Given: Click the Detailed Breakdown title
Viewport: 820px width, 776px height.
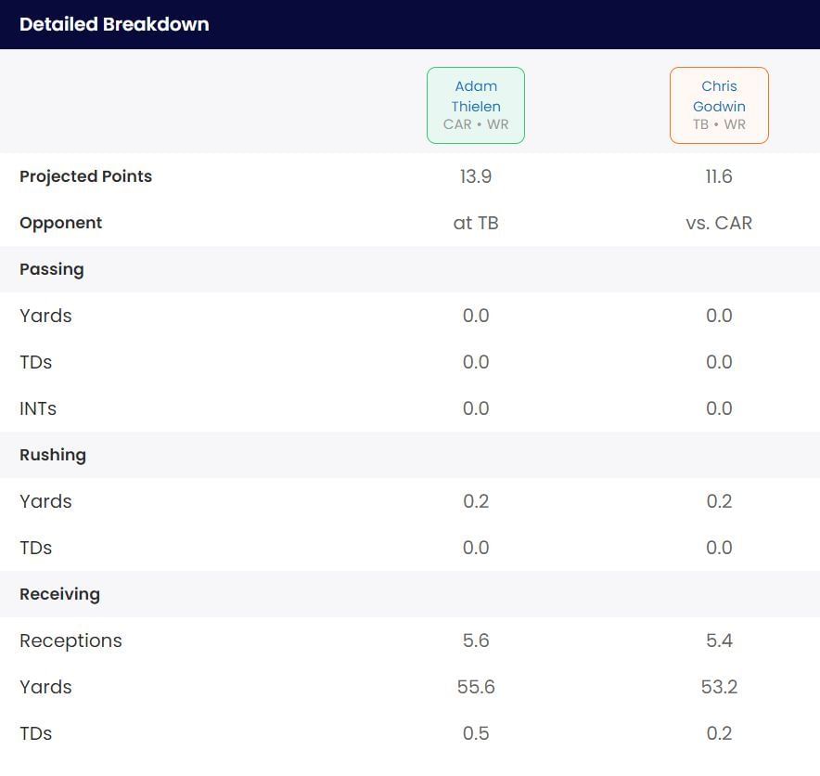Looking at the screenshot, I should (x=114, y=24).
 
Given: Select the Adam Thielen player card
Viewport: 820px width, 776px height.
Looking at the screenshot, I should (x=476, y=105).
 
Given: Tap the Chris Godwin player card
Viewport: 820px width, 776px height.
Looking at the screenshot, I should (x=719, y=105).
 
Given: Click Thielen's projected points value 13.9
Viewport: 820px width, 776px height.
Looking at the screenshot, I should (x=476, y=176).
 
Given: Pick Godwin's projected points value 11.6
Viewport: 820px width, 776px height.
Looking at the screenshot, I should (x=719, y=176).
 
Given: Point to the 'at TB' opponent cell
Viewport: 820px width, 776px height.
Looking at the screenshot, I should (x=476, y=223).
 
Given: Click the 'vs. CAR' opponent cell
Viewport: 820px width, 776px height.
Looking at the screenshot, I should (x=719, y=223).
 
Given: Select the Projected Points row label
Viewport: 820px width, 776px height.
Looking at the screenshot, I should (x=85, y=176).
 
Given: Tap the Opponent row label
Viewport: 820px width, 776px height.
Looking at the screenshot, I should (x=61, y=223).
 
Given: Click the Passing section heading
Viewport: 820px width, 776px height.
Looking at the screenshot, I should (x=52, y=269).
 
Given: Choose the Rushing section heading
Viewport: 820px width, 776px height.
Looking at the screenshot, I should (x=53, y=455).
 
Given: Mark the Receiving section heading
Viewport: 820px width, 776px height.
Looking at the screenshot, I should (x=59, y=594).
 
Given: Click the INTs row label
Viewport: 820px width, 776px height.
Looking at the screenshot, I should (x=38, y=408).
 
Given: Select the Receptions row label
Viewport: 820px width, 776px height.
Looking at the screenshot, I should (x=70, y=640).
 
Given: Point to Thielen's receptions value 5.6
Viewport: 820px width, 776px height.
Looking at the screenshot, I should (x=476, y=640).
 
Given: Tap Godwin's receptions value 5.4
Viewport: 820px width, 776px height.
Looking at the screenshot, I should (x=719, y=640).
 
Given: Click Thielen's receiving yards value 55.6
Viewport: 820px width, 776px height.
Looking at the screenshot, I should (x=476, y=687).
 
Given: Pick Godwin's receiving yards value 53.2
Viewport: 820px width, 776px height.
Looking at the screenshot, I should (x=719, y=687).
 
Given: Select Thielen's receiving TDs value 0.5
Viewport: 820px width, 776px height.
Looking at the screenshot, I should (x=476, y=733).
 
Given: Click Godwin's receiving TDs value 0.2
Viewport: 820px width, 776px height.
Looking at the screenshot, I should (x=719, y=733).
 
